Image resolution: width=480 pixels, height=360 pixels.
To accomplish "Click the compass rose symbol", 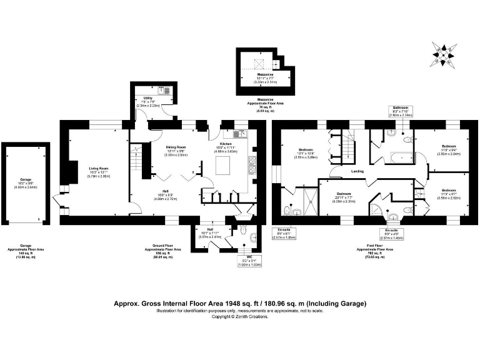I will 443,54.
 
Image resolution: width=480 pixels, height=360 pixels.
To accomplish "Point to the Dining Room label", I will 176,147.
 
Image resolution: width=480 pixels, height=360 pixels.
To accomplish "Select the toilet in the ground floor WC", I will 251,237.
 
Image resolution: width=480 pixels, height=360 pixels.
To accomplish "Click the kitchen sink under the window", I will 239,133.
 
